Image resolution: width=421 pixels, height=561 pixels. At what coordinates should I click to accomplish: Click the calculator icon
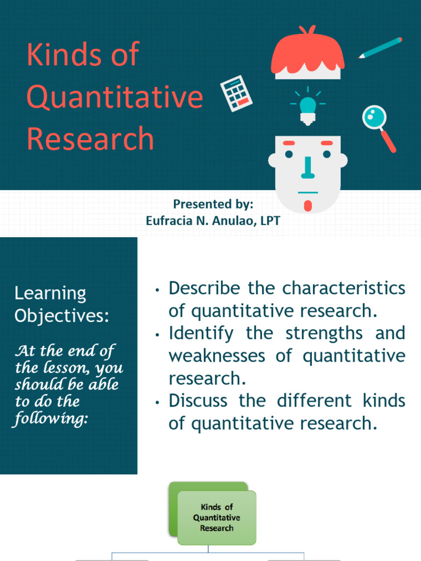pos(236,93)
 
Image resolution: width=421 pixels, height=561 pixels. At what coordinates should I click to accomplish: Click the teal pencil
pos(380,48)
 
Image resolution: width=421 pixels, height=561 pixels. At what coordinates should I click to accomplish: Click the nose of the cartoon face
pos(308,168)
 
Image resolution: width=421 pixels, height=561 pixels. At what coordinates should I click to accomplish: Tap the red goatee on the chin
pos(308,206)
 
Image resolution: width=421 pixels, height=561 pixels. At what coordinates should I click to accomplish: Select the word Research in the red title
pos(90,139)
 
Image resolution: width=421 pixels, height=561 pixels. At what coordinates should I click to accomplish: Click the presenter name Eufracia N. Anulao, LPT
pos(213,220)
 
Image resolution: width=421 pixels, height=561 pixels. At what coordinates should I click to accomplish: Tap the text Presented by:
pos(213,204)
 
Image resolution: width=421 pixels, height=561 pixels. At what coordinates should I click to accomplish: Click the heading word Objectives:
pos(61,316)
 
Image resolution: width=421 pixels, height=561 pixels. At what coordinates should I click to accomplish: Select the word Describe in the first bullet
pos(204,288)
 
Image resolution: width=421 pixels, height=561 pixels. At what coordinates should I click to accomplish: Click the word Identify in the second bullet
pos(201,333)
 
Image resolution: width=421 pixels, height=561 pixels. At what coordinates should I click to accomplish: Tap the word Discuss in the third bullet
pos(198,400)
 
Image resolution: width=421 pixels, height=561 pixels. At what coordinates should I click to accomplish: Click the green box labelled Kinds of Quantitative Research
pos(217,518)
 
